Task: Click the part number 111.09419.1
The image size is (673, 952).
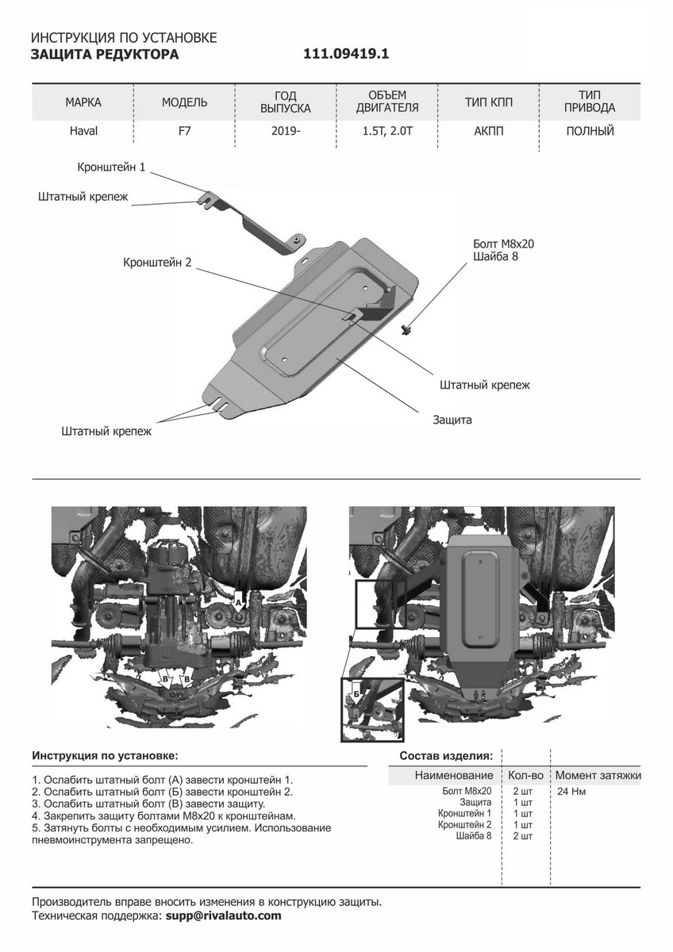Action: (x=346, y=55)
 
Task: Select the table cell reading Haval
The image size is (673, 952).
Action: (x=83, y=131)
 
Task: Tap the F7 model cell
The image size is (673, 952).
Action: (x=185, y=131)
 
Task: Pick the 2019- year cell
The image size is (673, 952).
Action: (x=286, y=131)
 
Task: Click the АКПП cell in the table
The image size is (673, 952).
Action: (x=489, y=131)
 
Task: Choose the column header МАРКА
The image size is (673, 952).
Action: (x=83, y=102)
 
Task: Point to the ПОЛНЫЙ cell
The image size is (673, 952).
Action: (x=590, y=131)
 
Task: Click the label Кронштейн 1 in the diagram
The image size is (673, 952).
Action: (x=112, y=168)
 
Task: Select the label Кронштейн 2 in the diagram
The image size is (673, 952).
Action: (x=158, y=262)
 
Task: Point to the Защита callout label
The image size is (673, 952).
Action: (x=452, y=420)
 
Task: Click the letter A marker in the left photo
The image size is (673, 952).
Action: (x=237, y=604)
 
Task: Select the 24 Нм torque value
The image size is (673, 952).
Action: (x=572, y=791)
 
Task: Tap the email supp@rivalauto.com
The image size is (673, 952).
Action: (x=222, y=916)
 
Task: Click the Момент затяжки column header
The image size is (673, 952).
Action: (x=598, y=775)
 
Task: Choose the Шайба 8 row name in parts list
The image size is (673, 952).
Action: (x=475, y=835)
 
